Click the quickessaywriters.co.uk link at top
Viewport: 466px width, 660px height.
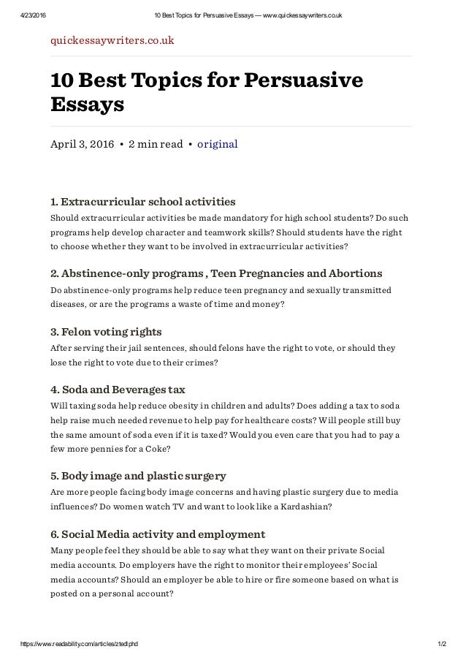coord(112,39)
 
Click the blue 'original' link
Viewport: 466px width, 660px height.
coord(218,144)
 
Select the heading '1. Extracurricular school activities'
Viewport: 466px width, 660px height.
coord(142,201)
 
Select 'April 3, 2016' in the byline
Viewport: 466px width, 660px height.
coord(82,144)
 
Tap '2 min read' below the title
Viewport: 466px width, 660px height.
coord(156,144)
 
